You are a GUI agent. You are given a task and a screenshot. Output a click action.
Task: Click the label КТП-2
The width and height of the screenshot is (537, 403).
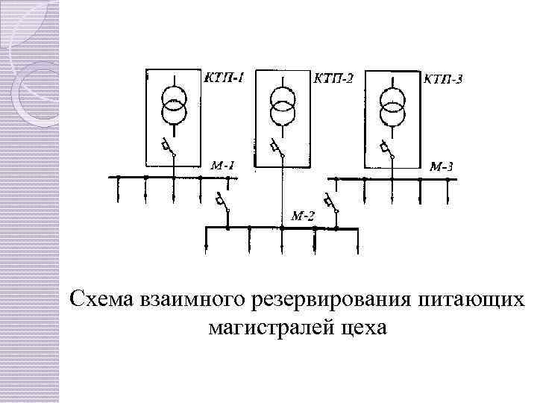tap(334, 78)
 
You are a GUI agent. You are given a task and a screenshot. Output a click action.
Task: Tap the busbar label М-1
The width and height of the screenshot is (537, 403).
tap(222, 166)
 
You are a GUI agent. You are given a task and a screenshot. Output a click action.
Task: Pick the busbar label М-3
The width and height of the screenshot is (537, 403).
tap(441, 166)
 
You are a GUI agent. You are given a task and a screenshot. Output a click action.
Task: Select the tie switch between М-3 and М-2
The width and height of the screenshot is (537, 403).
tap(330, 204)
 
